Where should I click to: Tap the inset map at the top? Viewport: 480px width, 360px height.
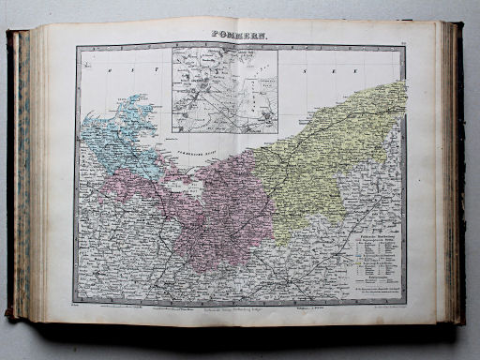click(224, 92)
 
